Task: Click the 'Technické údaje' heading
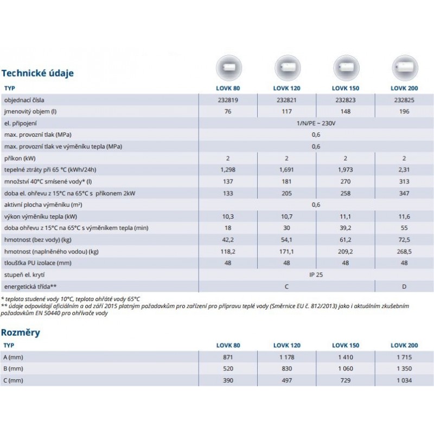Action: point(38,73)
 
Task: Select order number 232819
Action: point(227,100)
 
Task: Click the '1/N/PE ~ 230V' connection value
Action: point(316,123)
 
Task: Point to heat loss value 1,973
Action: point(345,170)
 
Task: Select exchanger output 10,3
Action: point(227,216)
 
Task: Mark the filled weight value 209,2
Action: point(345,251)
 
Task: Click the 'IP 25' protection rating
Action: point(316,274)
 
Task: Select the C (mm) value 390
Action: point(227,380)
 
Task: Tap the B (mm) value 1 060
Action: point(345,369)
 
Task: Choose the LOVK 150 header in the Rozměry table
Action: point(345,345)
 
